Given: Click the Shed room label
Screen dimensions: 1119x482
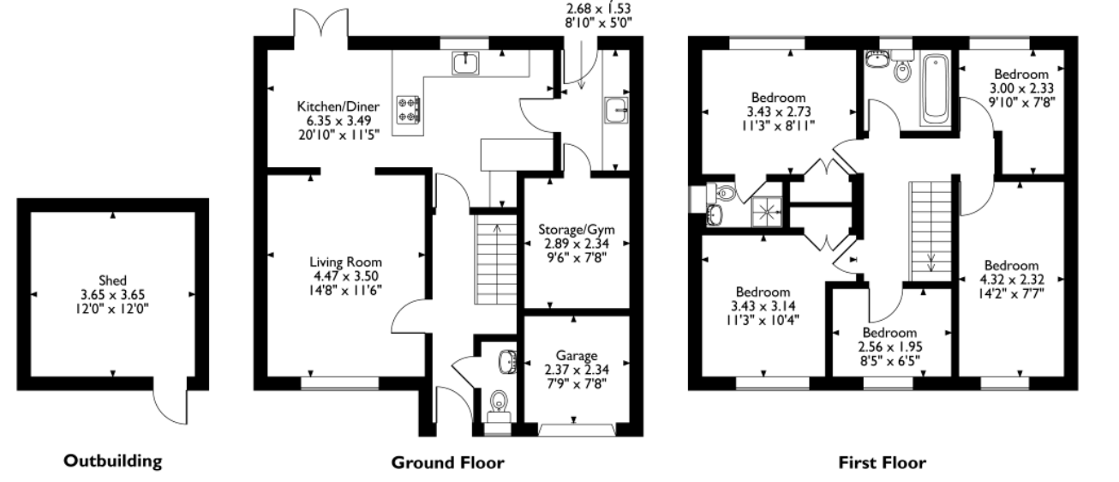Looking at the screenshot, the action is [112, 280].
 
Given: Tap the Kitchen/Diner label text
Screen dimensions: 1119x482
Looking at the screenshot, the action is [338, 106].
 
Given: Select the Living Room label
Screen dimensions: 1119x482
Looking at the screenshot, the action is [345, 262].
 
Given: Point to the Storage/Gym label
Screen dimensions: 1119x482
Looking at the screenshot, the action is [577, 230].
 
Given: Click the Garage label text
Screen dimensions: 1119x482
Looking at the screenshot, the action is [577, 356].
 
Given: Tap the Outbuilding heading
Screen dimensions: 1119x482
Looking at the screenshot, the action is [113, 461].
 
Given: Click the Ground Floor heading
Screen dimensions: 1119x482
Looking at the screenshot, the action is [447, 462].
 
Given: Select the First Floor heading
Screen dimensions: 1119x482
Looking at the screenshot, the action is [883, 462].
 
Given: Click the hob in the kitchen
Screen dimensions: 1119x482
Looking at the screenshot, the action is [408, 110].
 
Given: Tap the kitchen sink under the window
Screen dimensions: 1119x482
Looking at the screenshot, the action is [465, 63].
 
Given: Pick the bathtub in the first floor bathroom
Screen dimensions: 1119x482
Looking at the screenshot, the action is [935, 89].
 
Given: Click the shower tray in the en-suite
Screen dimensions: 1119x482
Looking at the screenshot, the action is [766, 212].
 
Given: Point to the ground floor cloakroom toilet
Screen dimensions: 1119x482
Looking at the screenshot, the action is [499, 406].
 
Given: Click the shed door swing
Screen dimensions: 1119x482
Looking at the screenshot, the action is [170, 407].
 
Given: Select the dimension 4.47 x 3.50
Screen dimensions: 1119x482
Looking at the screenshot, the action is [345, 276].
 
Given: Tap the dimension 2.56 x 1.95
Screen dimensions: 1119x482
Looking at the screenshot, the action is [890, 346].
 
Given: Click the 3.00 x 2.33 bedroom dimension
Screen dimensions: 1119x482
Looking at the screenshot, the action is [1021, 88].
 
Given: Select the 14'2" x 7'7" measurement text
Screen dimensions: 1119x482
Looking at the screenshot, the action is [1011, 293].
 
